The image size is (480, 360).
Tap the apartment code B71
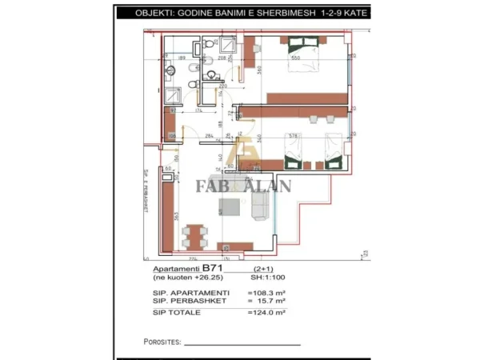(211, 268)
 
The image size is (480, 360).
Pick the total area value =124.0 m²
(268, 311)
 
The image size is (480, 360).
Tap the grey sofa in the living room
(260, 207)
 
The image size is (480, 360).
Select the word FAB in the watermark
(213, 187)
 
